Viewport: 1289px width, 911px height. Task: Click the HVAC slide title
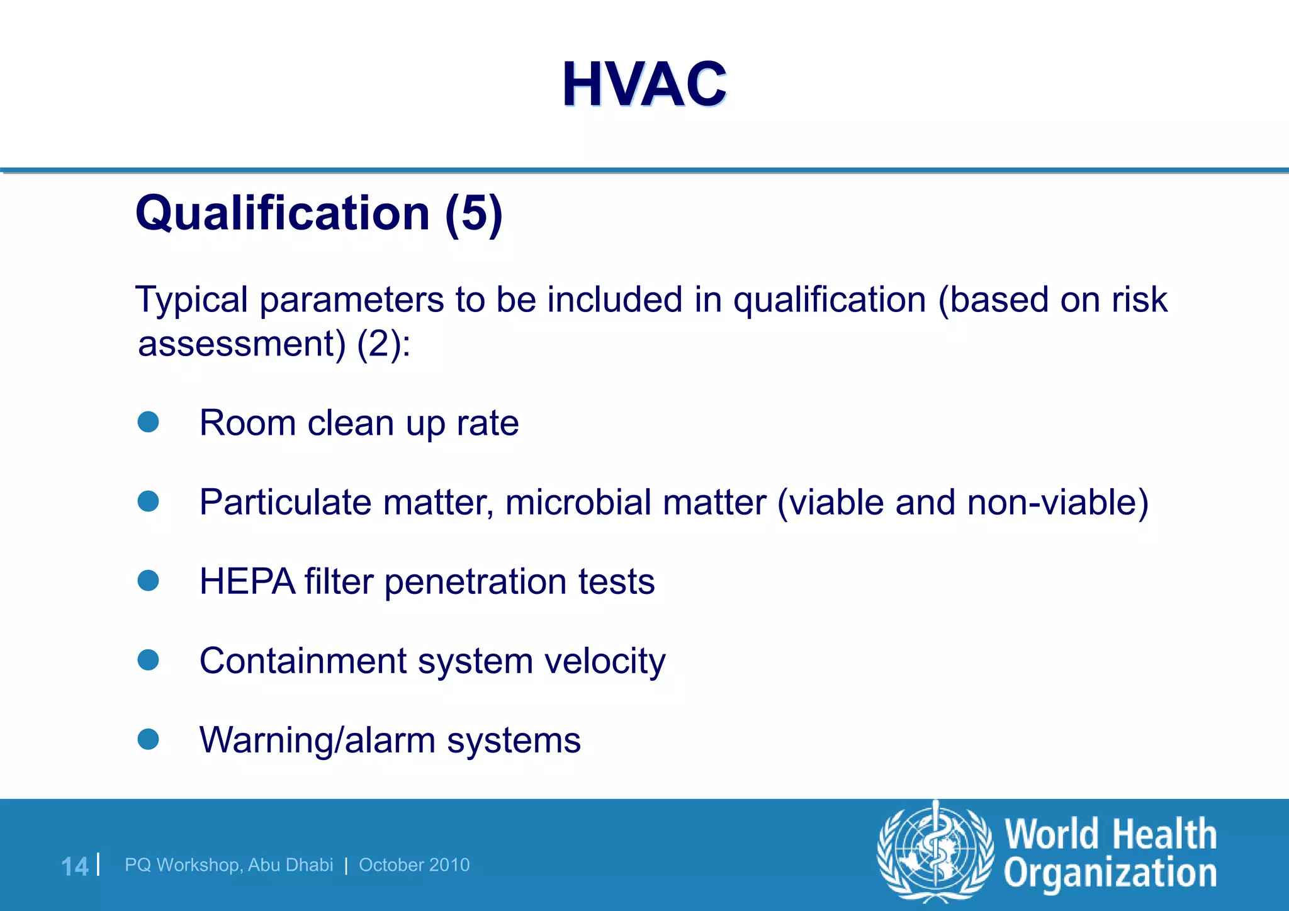[x=644, y=84]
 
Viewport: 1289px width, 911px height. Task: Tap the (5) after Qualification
[x=474, y=214]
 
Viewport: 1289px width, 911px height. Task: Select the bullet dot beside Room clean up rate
[x=148, y=422]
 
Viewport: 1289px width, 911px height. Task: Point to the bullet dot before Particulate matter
[x=148, y=501]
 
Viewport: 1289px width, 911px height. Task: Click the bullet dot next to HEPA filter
[x=148, y=581]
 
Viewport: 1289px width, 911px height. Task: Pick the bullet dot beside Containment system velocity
[x=148, y=660]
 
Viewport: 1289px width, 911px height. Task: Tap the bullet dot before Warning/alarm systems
[x=148, y=739]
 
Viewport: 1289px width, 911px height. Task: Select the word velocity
[x=605, y=661]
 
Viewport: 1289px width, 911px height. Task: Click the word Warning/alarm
[x=317, y=740]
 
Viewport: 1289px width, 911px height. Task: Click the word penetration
[x=475, y=582]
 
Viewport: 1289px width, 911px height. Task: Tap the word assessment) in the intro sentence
[x=242, y=344]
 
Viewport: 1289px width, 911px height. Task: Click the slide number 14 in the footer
[x=74, y=866]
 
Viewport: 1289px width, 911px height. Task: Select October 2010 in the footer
[x=414, y=865]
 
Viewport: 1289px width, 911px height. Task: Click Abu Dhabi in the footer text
[x=290, y=865]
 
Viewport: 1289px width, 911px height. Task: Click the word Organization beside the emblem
[x=1110, y=874]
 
